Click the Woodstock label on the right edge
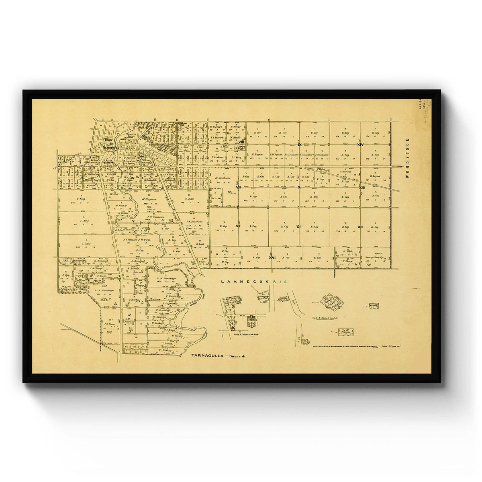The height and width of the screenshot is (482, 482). (x=407, y=161)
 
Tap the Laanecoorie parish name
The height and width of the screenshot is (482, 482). (x=254, y=282)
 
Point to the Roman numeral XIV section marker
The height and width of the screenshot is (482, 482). (x=360, y=145)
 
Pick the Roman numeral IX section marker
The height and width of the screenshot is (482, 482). (x=300, y=145)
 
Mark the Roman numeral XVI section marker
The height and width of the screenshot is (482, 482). (x=272, y=257)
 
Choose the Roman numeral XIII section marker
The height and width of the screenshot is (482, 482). (x=361, y=188)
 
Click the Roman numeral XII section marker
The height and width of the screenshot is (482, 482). (x=360, y=227)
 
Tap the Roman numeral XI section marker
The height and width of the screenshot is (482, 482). (x=298, y=227)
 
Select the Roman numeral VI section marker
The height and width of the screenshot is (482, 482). (x=238, y=227)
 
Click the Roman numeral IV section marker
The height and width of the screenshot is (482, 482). (x=131, y=178)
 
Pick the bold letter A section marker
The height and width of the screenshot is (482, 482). (x=115, y=304)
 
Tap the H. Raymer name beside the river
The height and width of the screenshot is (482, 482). (x=148, y=199)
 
